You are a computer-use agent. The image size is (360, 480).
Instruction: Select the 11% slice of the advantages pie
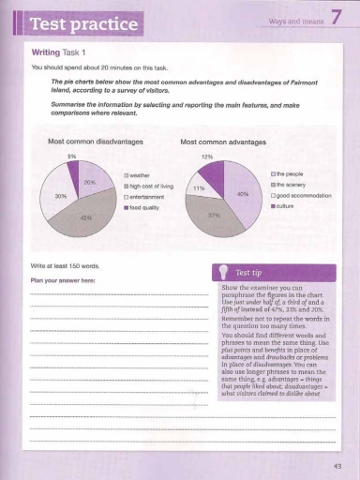tap(198, 187)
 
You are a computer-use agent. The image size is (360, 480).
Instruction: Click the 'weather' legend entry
tap(140, 175)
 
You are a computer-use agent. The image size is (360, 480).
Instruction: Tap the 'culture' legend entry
tap(284, 205)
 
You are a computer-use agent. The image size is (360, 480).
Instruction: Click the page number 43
tap(337, 465)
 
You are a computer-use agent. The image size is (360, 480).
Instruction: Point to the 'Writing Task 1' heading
tap(60, 53)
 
